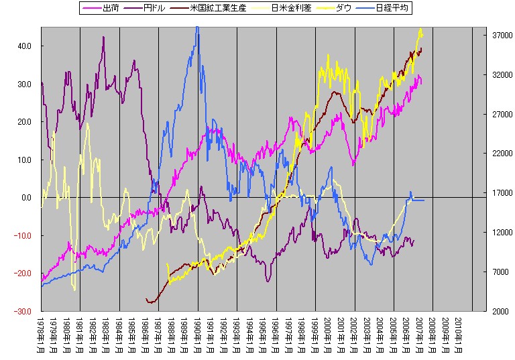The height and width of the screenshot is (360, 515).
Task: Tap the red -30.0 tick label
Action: [x=23, y=311]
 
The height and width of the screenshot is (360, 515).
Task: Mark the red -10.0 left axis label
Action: [x=23, y=235]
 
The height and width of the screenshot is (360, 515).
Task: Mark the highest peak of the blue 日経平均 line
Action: [x=196, y=27]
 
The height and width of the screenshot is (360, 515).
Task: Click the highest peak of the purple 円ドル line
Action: [x=104, y=37]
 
